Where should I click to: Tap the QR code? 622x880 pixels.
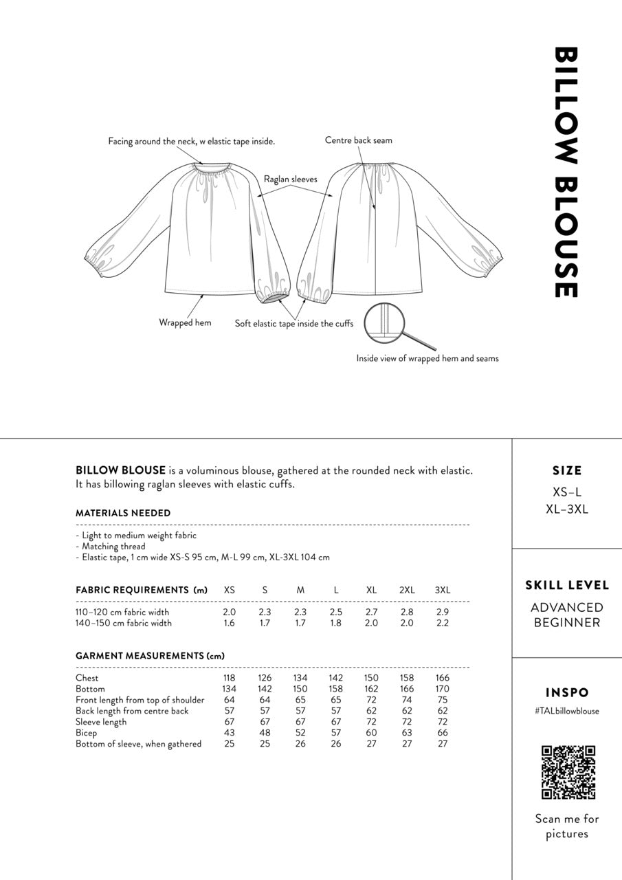(x=568, y=772)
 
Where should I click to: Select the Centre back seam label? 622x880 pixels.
(x=359, y=140)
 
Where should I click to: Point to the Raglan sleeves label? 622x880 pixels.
(x=291, y=179)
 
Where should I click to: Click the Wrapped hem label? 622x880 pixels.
(x=185, y=322)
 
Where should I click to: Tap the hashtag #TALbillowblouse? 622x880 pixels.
(x=566, y=711)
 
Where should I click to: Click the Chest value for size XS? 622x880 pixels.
(x=230, y=678)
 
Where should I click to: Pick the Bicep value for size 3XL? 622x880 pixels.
(x=443, y=733)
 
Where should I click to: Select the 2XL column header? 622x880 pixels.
(x=407, y=590)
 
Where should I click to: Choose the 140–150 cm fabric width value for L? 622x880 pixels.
(x=336, y=623)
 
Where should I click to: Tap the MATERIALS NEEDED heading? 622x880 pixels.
(x=123, y=513)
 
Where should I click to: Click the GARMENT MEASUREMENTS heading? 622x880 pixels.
(x=150, y=656)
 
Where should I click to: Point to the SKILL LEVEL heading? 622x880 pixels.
(x=567, y=586)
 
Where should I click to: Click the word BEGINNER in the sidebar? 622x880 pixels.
(x=567, y=623)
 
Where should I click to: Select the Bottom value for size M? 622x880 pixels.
(x=300, y=689)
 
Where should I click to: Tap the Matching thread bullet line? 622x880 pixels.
(x=113, y=547)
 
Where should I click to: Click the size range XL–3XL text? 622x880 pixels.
(x=567, y=509)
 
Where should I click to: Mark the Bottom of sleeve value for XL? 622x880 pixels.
(x=371, y=744)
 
